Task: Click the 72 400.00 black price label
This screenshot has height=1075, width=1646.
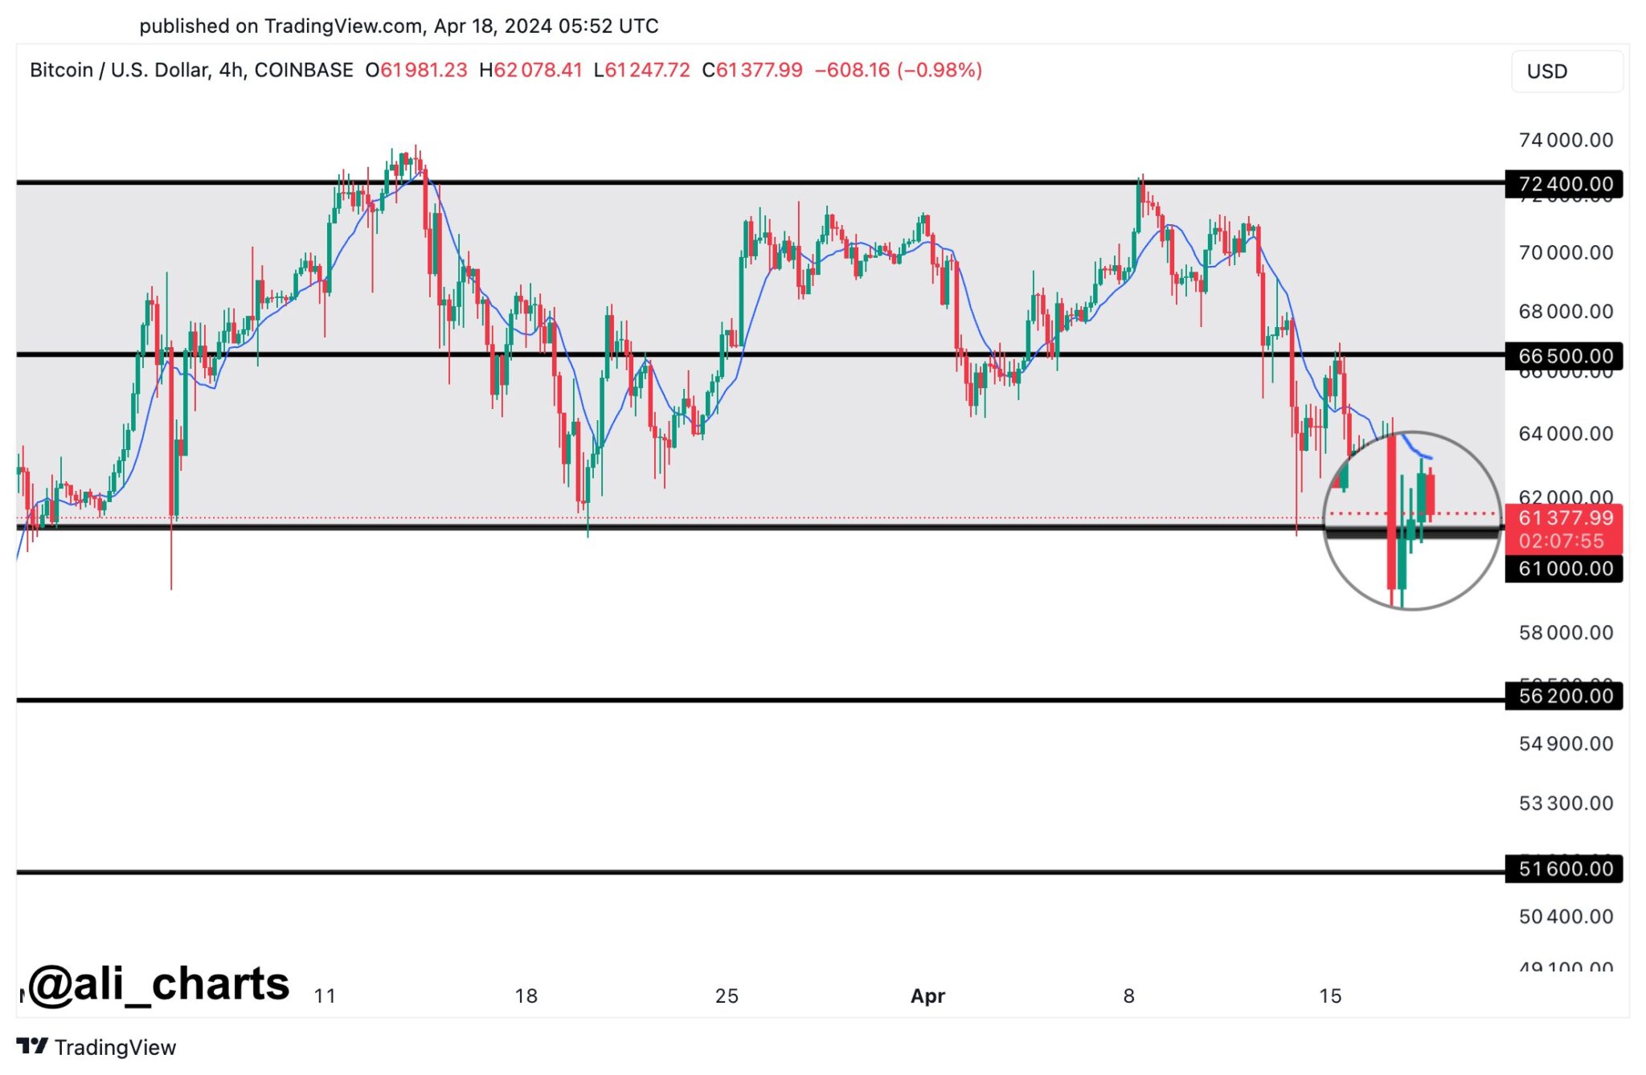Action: point(1564,184)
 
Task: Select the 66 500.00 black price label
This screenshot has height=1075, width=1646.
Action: point(1564,355)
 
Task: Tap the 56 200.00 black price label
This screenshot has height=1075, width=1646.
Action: point(1564,696)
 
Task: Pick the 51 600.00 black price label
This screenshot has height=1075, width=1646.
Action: point(1564,869)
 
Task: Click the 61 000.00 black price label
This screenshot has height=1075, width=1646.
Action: point(1564,569)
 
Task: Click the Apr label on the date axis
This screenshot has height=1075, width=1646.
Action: point(927,996)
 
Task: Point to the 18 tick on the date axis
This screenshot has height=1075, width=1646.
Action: point(526,996)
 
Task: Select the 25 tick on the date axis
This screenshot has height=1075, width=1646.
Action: point(727,996)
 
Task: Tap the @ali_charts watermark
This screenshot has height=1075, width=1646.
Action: point(158,984)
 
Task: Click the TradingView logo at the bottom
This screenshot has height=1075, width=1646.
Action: point(96,1047)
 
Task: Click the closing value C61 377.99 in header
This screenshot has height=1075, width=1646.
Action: point(752,71)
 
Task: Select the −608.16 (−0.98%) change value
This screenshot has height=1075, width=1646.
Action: point(898,71)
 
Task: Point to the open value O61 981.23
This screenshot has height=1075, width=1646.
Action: point(416,71)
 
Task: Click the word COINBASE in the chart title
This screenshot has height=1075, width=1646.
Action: point(304,71)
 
